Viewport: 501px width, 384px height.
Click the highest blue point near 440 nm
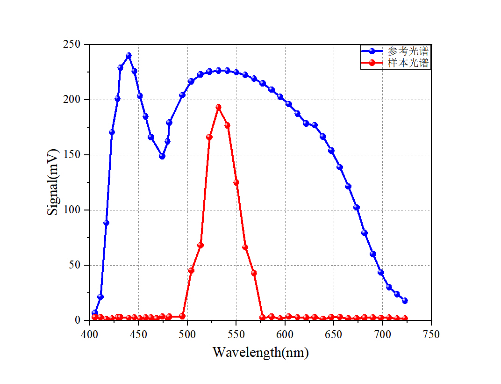click(129, 55)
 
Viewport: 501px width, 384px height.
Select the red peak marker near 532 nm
click(218, 107)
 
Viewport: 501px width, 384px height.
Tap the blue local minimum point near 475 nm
click(162, 156)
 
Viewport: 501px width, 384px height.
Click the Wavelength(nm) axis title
click(260, 352)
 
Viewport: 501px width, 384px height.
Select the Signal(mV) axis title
click(53, 182)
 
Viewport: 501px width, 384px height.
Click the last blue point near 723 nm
click(405, 301)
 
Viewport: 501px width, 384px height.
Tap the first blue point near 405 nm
click(95, 312)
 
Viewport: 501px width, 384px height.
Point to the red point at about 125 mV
click(236, 182)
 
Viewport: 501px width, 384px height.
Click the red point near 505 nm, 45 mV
click(191, 271)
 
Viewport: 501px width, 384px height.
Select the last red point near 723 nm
click(405, 318)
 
